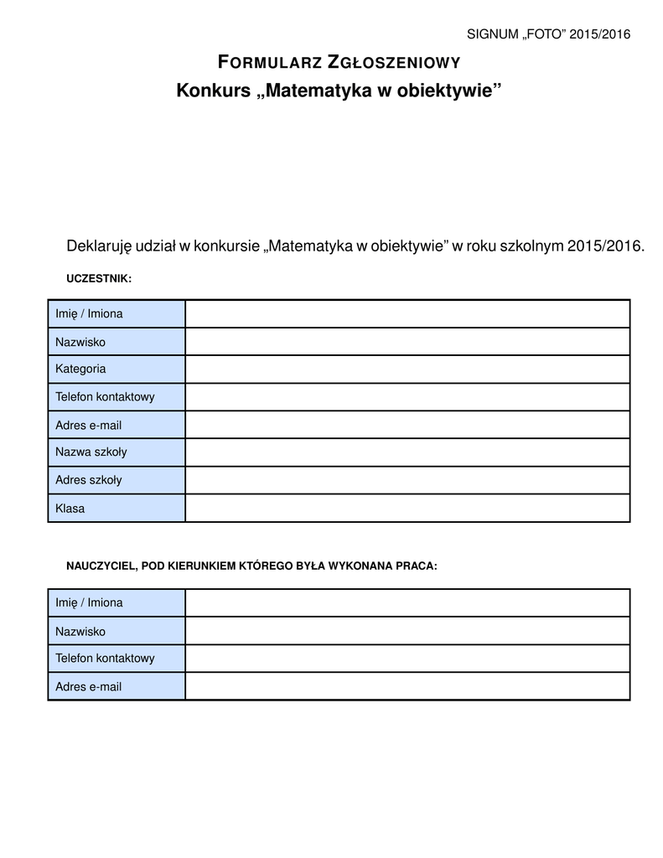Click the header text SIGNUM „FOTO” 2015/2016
click(547, 34)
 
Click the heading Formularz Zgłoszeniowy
click(339, 62)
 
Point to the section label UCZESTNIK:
click(99, 277)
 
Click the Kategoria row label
click(80, 369)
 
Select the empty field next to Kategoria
click(407, 369)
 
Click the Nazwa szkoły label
click(91, 452)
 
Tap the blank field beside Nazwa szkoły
click(407, 452)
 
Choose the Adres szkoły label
click(89, 480)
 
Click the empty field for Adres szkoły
click(407, 480)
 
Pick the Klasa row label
click(70, 508)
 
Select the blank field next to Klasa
click(407, 508)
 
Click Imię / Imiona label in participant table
click(89, 313)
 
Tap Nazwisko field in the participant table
click(407, 341)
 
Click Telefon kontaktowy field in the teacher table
click(407, 659)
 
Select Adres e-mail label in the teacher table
click(89, 686)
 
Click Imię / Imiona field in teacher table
click(407, 602)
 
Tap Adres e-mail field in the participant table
click(407, 424)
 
